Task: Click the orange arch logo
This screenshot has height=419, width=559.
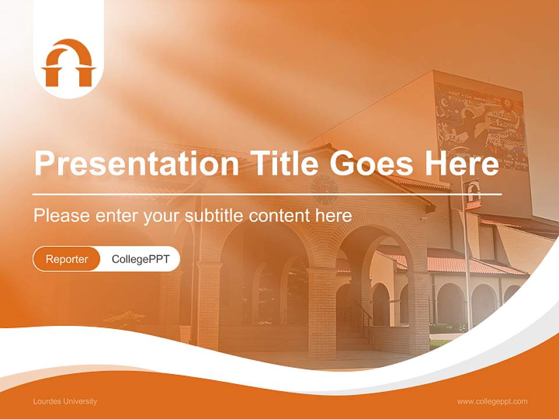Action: click(x=68, y=63)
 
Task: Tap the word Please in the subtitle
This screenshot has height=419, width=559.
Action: click(x=61, y=216)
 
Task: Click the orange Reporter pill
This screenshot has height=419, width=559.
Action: click(x=67, y=259)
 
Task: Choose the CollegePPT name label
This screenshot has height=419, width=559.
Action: click(x=140, y=259)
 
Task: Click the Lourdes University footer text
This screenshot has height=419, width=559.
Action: click(x=65, y=401)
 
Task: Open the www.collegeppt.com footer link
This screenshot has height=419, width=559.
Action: click(x=492, y=401)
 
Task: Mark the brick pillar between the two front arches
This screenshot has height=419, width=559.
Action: click(x=322, y=308)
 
